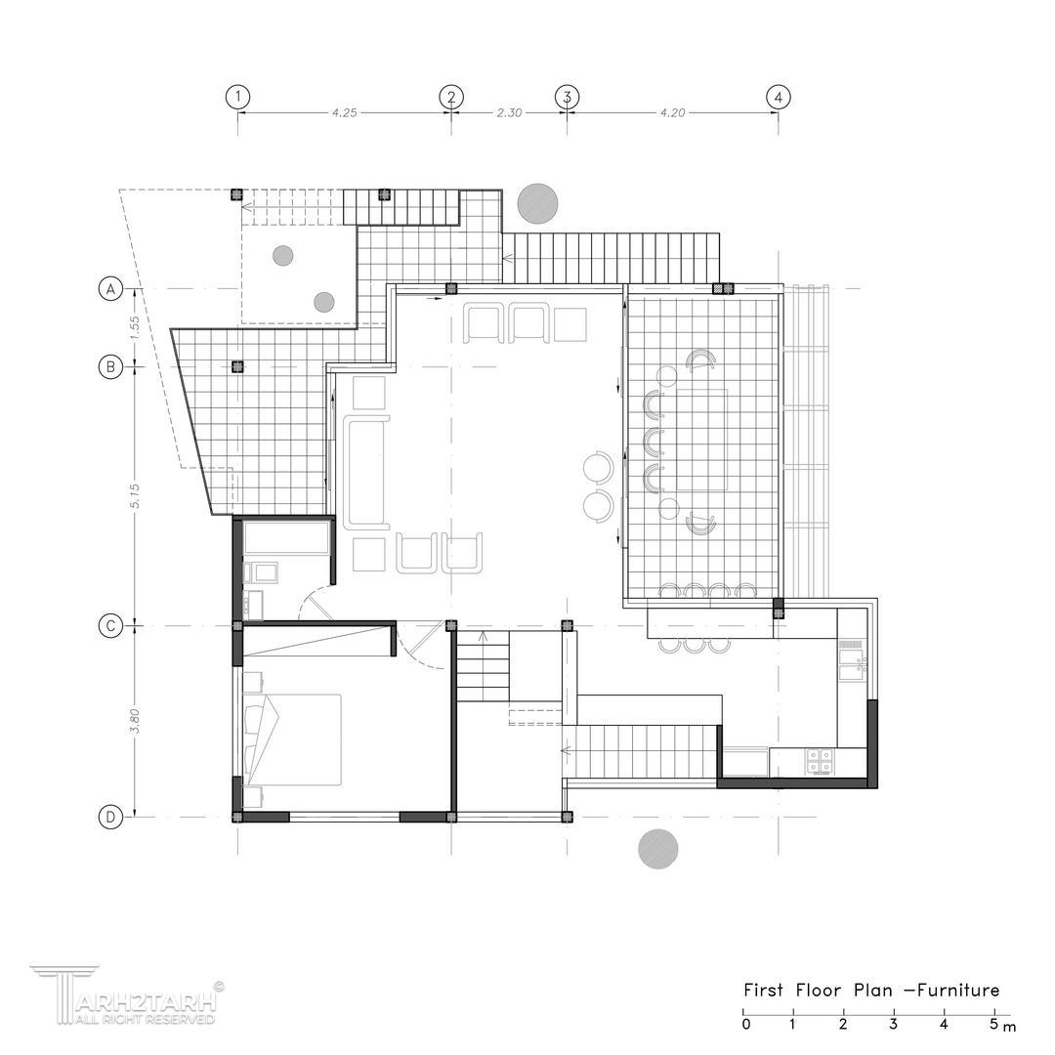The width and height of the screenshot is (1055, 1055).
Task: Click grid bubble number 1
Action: pyautogui.click(x=237, y=97)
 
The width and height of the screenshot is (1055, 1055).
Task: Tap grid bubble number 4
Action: pyautogui.click(x=778, y=97)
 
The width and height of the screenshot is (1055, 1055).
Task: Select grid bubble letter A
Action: pyautogui.click(x=111, y=288)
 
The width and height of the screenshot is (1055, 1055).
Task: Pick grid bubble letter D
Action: pyautogui.click(x=111, y=818)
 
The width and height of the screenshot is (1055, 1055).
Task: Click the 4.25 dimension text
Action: pyautogui.click(x=345, y=113)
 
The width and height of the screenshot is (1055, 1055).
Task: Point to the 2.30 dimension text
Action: pyautogui.click(x=509, y=113)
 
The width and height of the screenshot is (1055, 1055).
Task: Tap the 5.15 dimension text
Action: pyautogui.click(x=135, y=496)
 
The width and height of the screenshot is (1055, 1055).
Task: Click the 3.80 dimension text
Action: pyautogui.click(x=135, y=721)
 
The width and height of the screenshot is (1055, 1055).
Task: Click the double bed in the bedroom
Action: pyautogui.click(x=292, y=739)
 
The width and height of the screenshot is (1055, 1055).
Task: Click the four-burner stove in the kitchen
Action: pyautogui.click(x=820, y=761)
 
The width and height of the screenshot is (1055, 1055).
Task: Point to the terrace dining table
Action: pyautogui.click(x=702, y=440)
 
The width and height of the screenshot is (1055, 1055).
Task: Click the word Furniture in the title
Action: pyautogui.click(x=959, y=990)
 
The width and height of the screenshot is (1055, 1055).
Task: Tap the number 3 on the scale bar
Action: pyautogui.click(x=893, y=1025)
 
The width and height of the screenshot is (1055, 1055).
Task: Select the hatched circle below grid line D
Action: pyautogui.click(x=658, y=849)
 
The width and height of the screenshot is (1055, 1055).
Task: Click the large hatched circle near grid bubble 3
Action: pyautogui.click(x=537, y=203)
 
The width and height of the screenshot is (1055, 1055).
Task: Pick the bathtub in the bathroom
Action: pyautogui.click(x=286, y=538)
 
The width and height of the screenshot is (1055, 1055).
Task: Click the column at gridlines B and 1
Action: pyautogui.click(x=236, y=366)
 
